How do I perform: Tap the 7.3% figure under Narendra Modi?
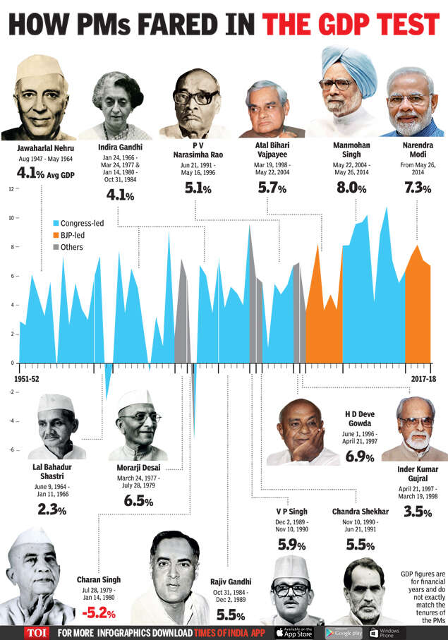417,188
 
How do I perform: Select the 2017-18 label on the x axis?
423,379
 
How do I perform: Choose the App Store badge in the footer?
294,632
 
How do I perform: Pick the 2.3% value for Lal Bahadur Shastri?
52,510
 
